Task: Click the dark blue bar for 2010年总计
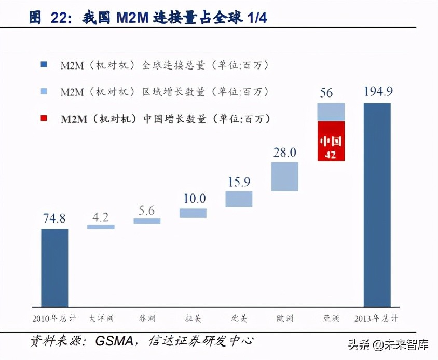54,267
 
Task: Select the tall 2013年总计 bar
377,204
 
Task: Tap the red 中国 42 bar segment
331,141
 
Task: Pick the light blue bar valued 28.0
285,176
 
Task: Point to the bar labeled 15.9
239,199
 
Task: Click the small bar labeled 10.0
193,213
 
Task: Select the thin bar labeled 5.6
147,221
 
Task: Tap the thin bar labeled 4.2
101,227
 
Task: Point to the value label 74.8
54,218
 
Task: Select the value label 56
326,93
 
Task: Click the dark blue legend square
44,65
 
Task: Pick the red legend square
44,119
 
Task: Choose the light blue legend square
44,92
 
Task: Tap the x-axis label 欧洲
284,318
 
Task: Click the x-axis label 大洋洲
101,318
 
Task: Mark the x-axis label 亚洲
331,318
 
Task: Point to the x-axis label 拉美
193,318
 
